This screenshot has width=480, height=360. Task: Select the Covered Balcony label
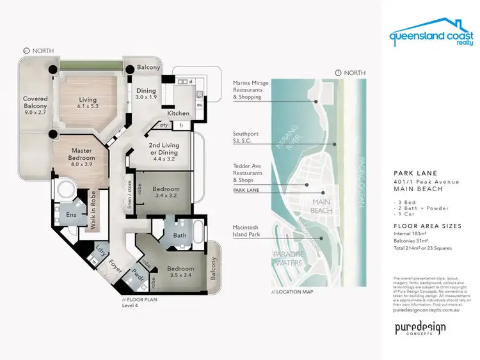[35, 104]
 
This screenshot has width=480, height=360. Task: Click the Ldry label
[100, 250]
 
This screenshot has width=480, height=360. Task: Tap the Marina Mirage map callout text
[252, 90]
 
